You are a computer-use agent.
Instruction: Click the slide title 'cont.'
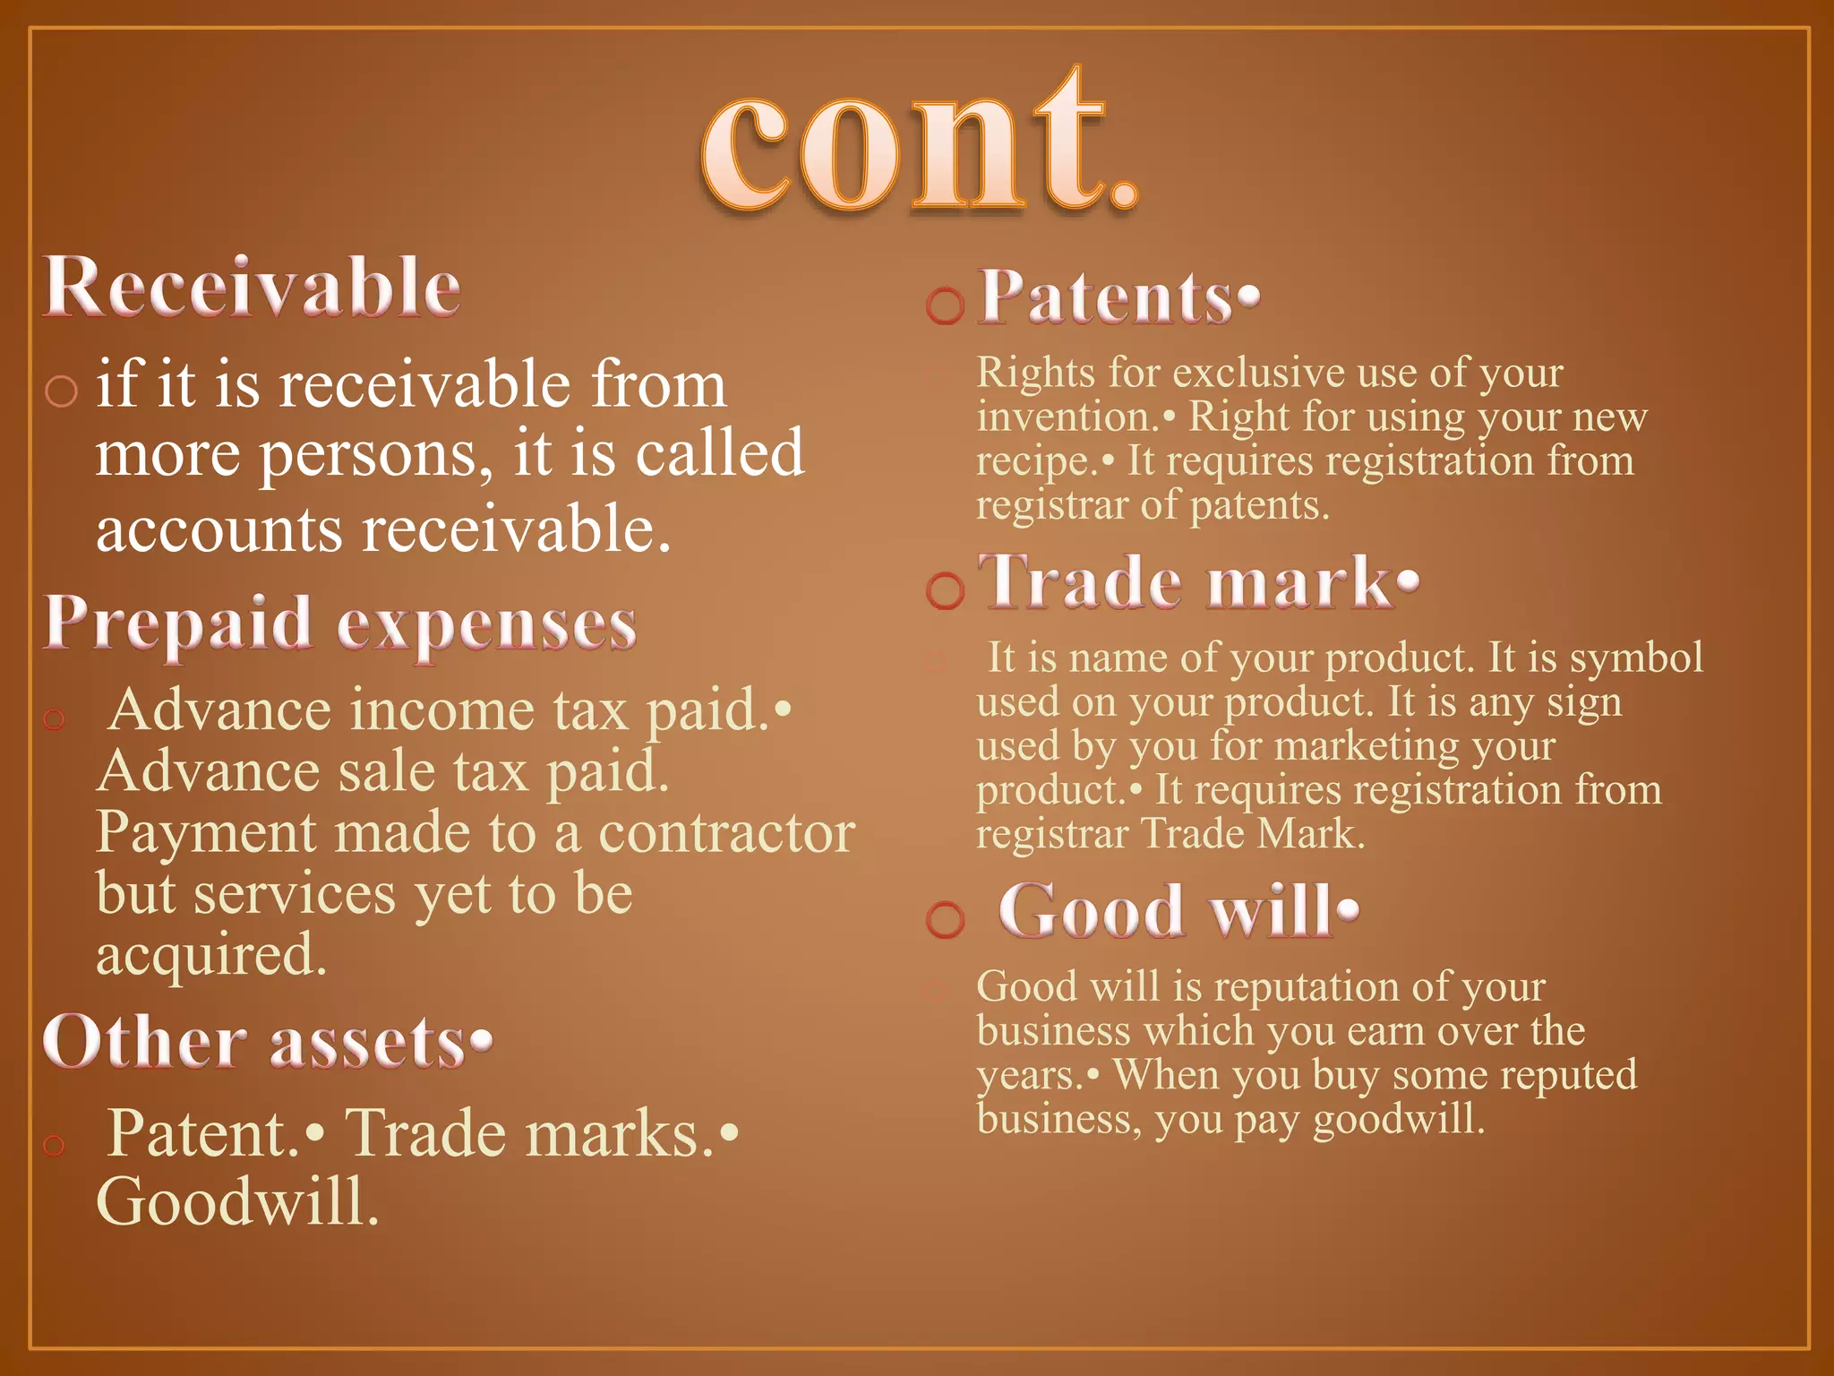[x=919, y=143]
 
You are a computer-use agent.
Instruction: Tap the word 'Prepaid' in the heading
[x=177, y=623]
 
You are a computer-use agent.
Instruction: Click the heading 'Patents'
[x=1107, y=297]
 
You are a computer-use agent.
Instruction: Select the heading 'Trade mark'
[x=1187, y=583]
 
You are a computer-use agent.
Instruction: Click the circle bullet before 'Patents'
[x=945, y=306]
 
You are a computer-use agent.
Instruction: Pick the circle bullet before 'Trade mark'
[x=945, y=591]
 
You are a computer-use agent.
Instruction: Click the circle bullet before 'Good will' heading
[x=945, y=920]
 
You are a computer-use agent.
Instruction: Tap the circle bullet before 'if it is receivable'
[x=61, y=391]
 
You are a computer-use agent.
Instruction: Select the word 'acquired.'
[x=211, y=955]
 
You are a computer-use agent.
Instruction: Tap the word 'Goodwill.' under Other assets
[x=237, y=1202]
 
